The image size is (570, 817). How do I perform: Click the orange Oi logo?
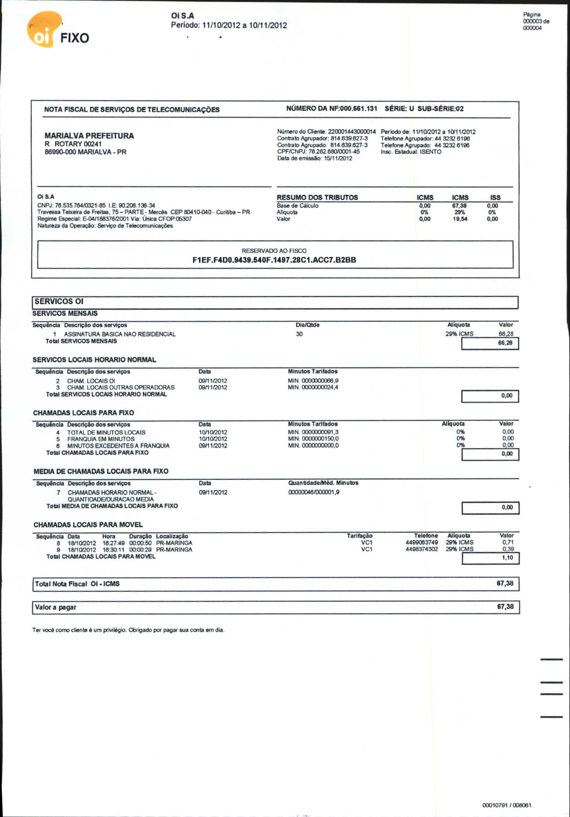pyautogui.click(x=44, y=30)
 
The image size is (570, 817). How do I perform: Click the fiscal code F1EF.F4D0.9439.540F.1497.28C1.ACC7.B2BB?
pyautogui.click(x=274, y=260)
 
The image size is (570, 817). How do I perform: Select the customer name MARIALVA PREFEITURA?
pyautogui.click(x=89, y=136)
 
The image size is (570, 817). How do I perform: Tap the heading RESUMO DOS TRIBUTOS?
pyautogui.click(x=317, y=197)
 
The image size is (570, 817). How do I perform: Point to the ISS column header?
pyautogui.click(x=495, y=197)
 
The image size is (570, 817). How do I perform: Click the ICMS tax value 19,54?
pyautogui.click(x=460, y=219)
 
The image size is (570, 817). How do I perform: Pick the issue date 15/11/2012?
pyautogui.click(x=338, y=158)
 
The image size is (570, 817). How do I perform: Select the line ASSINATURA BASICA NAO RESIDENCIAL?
pyautogui.click(x=120, y=334)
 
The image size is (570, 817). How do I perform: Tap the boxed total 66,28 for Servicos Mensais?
pyautogui.click(x=505, y=343)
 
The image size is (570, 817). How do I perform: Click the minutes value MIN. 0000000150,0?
pyautogui.click(x=313, y=439)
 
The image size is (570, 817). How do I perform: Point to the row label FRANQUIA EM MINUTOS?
pyautogui.click(x=101, y=439)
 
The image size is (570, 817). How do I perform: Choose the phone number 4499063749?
pyautogui.click(x=422, y=543)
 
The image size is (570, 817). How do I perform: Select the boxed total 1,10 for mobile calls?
pyautogui.click(x=507, y=558)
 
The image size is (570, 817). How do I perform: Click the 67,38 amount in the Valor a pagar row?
pyautogui.click(x=505, y=607)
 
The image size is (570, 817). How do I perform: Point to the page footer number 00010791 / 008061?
pyautogui.click(x=507, y=805)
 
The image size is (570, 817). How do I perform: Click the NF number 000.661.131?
pyautogui.click(x=358, y=109)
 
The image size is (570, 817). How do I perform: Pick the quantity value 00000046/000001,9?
pyautogui.click(x=314, y=492)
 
